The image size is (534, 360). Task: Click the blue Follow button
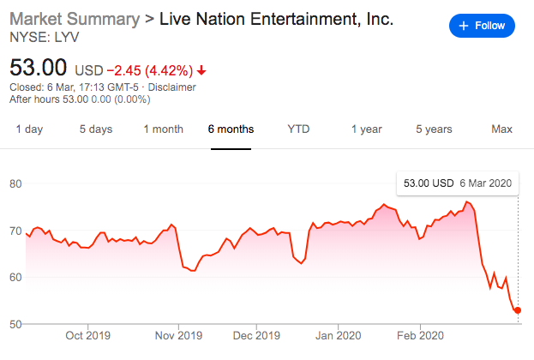[x=483, y=26]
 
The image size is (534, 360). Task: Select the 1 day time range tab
[x=29, y=129]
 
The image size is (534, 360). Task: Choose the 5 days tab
[x=96, y=129]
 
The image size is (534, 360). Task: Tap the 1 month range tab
[x=163, y=129]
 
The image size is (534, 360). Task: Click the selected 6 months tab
[x=231, y=129]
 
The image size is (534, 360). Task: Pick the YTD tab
[x=298, y=129]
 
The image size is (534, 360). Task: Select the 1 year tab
[x=366, y=129]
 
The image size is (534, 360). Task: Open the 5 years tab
[x=434, y=129]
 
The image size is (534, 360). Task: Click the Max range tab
[x=501, y=129]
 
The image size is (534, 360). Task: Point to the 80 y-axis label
[x=15, y=183]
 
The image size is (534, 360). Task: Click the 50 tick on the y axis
[x=15, y=324]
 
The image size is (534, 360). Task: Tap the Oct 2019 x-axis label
[x=87, y=336]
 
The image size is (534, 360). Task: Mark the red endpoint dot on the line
[x=518, y=310]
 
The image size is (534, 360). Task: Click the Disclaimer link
[x=171, y=87]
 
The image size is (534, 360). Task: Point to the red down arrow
[x=201, y=69]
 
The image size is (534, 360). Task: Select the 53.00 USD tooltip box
[x=457, y=183]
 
